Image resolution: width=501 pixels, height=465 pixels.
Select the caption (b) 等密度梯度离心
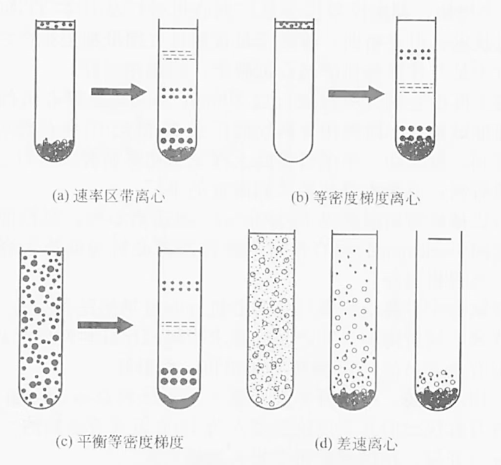coord(351,198)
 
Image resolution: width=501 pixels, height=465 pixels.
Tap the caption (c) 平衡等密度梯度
coord(121,442)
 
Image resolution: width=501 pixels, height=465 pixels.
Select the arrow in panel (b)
coord(356,94)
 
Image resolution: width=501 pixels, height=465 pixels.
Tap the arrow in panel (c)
coord(105,325)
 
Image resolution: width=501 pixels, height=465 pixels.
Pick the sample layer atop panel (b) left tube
coord(295,26)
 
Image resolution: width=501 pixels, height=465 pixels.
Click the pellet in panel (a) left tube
coord(55,148)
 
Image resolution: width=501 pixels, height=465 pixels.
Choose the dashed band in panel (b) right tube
coord(415,88)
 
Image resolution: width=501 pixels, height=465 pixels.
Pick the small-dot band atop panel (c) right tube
coord(180,285)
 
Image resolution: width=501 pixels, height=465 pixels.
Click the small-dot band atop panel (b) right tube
coord(415,52)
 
